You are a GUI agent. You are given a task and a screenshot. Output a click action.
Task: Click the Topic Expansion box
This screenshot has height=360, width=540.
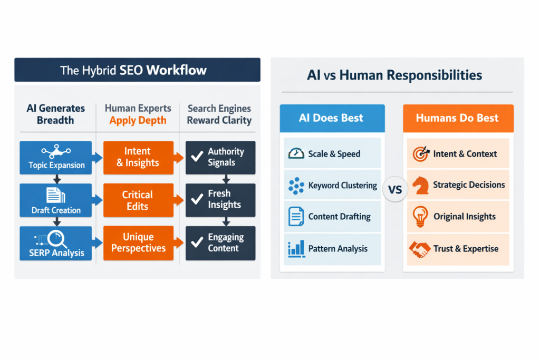(56, 158)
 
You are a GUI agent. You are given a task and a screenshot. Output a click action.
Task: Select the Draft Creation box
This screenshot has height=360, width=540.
(56, 201)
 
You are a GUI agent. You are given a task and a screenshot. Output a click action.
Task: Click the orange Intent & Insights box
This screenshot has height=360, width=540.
(138, 158)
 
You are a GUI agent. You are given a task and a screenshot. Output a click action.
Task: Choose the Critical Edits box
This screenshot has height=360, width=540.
(138, 200)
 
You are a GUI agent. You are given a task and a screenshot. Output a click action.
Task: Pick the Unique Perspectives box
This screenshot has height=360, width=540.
(138, 243)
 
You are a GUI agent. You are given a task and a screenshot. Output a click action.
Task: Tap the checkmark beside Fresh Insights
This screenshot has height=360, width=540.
(197, 200)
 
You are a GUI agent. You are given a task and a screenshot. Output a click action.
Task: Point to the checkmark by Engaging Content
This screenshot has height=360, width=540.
(197, 242)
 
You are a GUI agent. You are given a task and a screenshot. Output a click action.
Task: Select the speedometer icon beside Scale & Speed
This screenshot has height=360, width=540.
(296, 153)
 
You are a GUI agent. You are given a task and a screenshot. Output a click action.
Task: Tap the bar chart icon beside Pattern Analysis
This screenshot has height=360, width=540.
(296, 249)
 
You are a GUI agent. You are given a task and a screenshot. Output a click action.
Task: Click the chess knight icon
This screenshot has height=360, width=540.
(420, 185)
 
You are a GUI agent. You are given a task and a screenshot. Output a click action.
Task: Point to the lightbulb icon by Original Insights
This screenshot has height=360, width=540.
(420, 217)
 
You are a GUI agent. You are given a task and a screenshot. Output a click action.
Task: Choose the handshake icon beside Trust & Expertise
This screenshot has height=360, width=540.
(420, 249)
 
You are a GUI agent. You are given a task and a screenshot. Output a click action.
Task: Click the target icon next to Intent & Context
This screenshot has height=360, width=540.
(420, 153)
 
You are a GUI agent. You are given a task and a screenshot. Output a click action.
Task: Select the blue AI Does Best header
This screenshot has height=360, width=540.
(332, 118)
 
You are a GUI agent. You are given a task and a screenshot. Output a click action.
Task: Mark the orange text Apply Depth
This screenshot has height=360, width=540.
(138, 120)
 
